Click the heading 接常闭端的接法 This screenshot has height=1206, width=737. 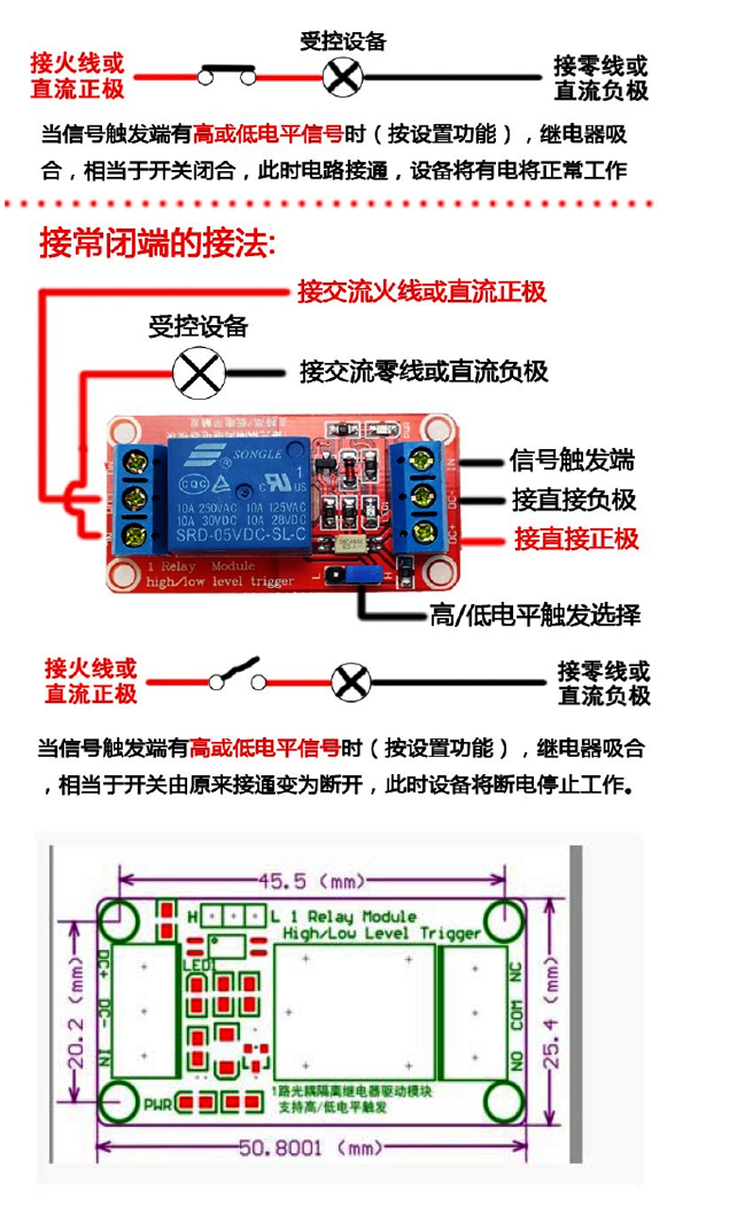(x=157, y=243)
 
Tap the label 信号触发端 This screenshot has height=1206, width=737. (x=572, y=460)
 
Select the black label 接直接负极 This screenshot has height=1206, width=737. (x=574, y=499)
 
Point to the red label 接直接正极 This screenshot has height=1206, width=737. (x=576, y=539)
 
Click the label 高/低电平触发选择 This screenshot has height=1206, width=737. (x=535, y=616)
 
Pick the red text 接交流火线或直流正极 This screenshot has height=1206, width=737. (x=421, y=291)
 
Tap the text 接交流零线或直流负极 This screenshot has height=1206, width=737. (x=423, y=370)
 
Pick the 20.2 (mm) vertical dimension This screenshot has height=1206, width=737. (x=77, y=1010)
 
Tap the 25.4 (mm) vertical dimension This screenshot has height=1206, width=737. (x=553, y=1010)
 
